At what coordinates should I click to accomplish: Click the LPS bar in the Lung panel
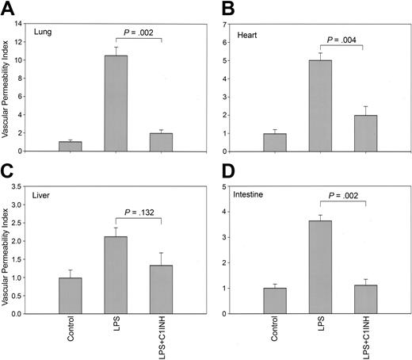point(116,103)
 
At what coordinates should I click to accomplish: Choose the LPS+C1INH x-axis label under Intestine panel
point(365,340)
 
